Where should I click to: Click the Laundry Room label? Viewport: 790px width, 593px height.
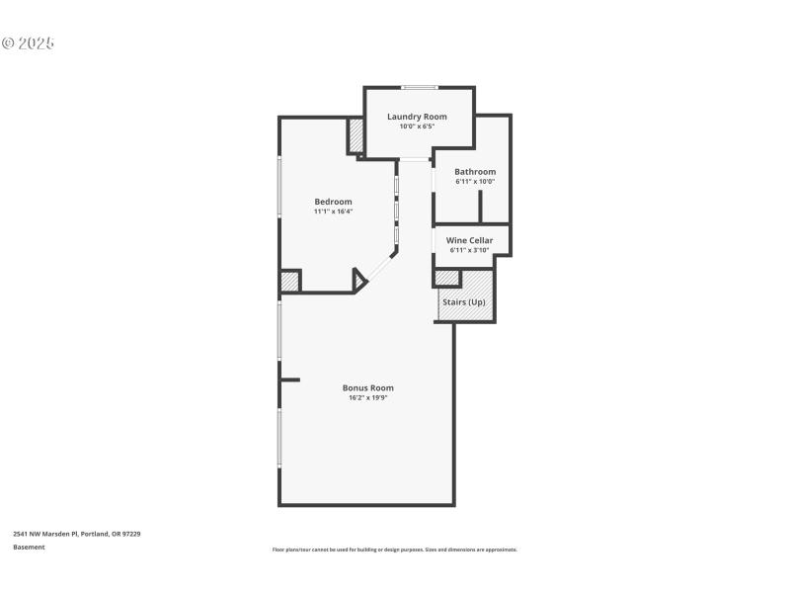coord(417,117)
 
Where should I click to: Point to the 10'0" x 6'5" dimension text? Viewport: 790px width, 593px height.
coord(417,127)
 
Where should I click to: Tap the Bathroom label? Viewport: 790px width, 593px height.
coord(475,172)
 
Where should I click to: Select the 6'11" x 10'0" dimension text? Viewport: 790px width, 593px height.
coord(475,182)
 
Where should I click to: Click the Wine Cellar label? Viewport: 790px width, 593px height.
coord(470,240)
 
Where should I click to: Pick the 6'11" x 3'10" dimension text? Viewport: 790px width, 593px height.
coord(470,250)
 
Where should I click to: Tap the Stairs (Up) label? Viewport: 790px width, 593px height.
coord(463,301)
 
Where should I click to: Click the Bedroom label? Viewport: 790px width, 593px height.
coord(333,202)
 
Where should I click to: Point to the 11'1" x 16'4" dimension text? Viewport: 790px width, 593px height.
coord(333,212)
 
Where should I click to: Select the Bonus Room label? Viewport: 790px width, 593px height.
coord(367,387)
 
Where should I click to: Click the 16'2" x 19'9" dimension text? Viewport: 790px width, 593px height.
coord(367,398)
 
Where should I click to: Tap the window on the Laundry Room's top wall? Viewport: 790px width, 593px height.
coord(419,87)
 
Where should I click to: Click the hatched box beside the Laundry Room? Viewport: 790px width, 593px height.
coord(355,135)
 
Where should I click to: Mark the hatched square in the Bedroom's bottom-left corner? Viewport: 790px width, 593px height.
coord(289,282)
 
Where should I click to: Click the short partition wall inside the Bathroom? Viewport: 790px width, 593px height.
coord(480,207)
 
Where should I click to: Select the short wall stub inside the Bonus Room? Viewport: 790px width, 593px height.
coord(289,379)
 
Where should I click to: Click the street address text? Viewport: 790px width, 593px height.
coord(77,534)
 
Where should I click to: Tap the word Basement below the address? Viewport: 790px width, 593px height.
coord(29,547)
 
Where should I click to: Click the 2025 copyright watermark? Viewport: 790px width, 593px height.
coord(28,43)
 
